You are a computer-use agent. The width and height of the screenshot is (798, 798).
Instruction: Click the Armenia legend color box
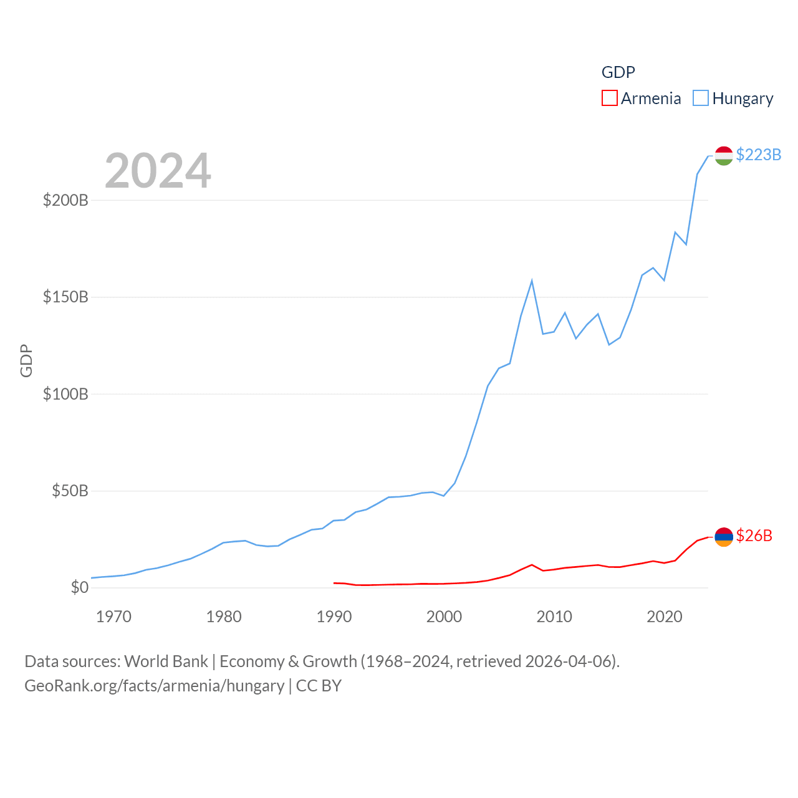[x=609, y=99]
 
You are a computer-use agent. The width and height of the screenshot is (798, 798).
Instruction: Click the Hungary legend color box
[x=701, y=99]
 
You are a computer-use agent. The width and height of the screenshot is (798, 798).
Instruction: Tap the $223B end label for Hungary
[x=758, y=155]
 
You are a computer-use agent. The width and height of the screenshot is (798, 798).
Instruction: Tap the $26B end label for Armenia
[x=754, y=536]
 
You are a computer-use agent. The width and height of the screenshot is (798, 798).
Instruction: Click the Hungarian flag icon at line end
[x=724, y=155]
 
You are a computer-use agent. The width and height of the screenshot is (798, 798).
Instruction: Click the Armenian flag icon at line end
[x=724, y=536]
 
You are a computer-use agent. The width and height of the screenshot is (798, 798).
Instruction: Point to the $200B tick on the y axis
[x=65, y=200]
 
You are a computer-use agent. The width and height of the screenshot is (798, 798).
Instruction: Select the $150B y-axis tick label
[x=65, y=297]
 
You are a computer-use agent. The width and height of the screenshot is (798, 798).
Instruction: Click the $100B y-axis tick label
[x=65, y=394]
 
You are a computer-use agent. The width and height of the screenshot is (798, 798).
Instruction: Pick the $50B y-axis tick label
[x=70, y=491]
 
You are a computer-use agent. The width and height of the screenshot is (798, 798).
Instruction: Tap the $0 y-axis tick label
[x=79, y=587]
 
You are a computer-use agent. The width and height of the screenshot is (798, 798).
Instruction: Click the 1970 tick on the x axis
[x=113, y=617]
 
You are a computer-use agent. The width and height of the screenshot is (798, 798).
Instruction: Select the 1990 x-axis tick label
[x=334, y=617]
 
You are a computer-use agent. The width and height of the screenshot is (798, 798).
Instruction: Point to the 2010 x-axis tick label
[x=554, y=617]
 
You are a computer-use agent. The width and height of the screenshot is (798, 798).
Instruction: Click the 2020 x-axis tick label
[x=665, y=617]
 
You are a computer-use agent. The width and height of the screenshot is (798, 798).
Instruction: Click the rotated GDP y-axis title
[x=26, y=360]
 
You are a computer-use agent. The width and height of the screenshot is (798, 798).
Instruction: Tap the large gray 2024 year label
[x=158, y=171]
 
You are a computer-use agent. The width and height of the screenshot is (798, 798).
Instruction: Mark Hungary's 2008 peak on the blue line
[x=532, y=281]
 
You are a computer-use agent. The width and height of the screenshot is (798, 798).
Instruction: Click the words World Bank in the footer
[x=166, y=661]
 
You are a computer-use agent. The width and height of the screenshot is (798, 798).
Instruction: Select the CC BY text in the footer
[x=319, y=686]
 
